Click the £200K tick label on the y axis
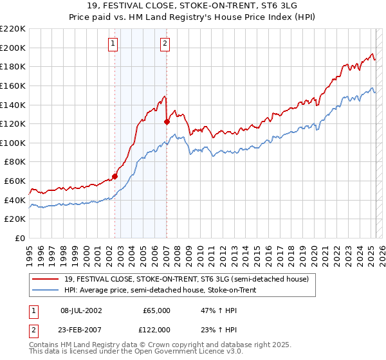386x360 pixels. [13, 48]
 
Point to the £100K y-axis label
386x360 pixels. [13, 143]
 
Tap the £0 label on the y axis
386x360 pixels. [19, 239]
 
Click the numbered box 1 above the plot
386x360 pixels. [113, 44]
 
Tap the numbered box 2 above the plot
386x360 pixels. [165, 44]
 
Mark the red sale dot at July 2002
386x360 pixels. [115, 176]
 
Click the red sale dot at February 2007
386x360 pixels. [167, 121]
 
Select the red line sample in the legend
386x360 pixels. [46, 279]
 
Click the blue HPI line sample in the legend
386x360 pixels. [46, 289]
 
